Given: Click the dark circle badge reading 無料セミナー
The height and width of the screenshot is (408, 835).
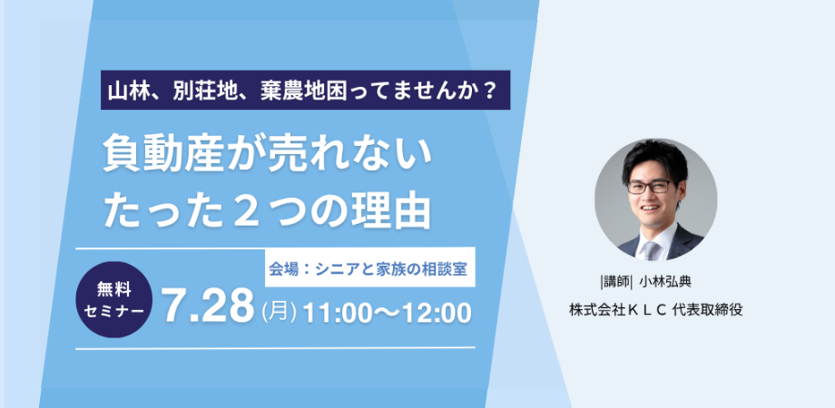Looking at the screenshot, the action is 114,299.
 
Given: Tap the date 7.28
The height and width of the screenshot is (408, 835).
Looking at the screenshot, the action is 208,307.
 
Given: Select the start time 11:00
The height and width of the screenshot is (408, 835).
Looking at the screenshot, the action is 337,312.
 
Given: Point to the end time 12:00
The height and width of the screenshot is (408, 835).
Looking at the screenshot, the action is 437,312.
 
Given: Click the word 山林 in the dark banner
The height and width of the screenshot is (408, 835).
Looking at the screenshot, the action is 130,91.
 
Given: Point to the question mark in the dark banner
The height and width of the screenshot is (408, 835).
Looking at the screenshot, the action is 489,91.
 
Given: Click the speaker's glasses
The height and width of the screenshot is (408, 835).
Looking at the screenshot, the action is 651,186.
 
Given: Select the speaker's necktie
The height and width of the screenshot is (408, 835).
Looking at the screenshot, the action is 652,251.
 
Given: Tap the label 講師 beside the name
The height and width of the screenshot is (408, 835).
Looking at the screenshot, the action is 615,281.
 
